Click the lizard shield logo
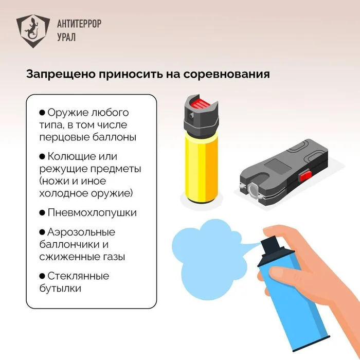click(33, 31)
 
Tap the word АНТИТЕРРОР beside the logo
click(79, 24)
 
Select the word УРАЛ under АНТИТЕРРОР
click(66, 37)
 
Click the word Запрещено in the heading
click(61, 75)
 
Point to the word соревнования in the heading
click(226, 75)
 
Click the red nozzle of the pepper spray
click(200, 104)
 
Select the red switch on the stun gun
click(305, 176)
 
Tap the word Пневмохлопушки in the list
click(92, 213)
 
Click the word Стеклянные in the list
click(78, 276)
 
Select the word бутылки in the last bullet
click(60, 288)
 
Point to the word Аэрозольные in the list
click(81, 232)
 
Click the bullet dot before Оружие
click(42, 113)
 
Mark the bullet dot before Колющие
click(42, 156)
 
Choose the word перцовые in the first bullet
click(64, 138)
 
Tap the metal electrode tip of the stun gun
click(252, 190)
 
